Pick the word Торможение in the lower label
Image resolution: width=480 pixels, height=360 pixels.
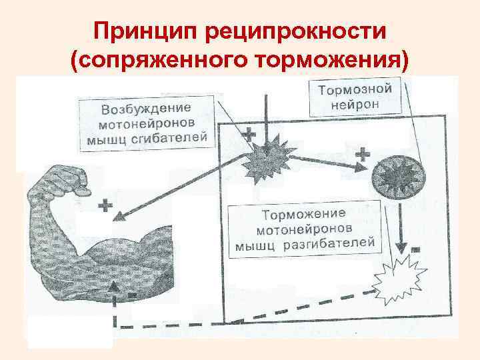[303, 215]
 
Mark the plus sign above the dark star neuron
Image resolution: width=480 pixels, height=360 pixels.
[249, 135]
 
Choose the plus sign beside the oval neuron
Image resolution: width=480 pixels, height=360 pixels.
[363, 155]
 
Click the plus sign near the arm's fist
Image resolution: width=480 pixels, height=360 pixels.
[105, 205]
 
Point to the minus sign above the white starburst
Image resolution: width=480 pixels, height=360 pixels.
[415, 249]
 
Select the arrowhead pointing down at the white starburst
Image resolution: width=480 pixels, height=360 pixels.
[400, 241]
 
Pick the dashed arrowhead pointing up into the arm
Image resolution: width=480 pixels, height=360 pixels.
[115, 287]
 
